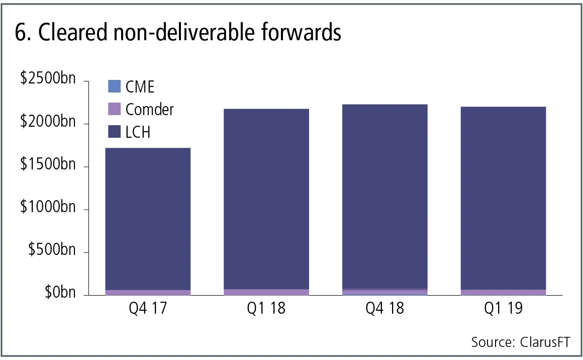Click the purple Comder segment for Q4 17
[x=148, y=292]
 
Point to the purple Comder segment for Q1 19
[x=503, y=292]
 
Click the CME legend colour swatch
[x=115, y=86]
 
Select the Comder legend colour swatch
[x=115, y=109]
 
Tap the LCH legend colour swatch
[x=115, y=132]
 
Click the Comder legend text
[x=150, y=109]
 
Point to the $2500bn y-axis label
[x=48, y=80]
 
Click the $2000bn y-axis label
[x=48, y=123]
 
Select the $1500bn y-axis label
[x=48, y=166]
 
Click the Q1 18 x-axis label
[x=266, y=308]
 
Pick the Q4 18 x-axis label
[x=384, y=308]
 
